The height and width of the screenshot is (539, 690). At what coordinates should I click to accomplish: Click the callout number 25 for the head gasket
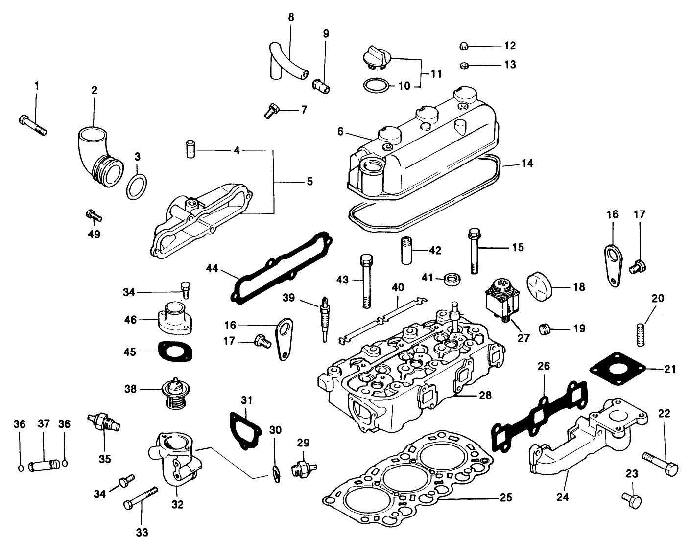point(506,498)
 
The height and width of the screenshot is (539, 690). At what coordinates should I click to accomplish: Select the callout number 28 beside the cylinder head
point(485,396)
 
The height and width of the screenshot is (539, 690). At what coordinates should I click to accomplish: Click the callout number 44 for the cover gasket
point(212,268)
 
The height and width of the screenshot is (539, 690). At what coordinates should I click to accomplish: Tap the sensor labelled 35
point(103,422)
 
